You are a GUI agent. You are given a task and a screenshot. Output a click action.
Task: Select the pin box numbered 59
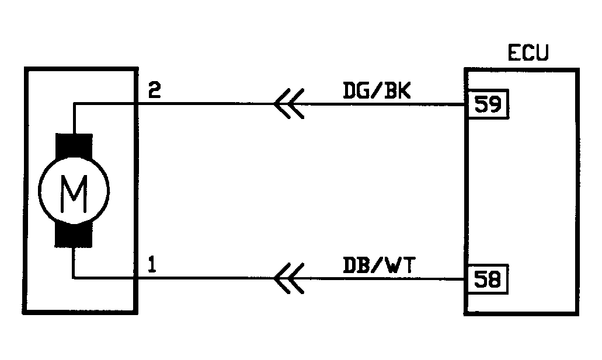[x=487, y=105]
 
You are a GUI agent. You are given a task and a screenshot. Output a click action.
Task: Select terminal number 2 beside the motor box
[x=155, y=91]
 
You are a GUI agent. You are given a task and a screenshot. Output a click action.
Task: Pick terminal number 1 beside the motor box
[x=152, y=266]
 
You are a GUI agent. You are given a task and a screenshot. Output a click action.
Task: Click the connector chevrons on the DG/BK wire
[x=288, y=105]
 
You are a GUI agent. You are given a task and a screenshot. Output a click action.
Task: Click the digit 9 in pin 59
[x=494, y=105]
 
